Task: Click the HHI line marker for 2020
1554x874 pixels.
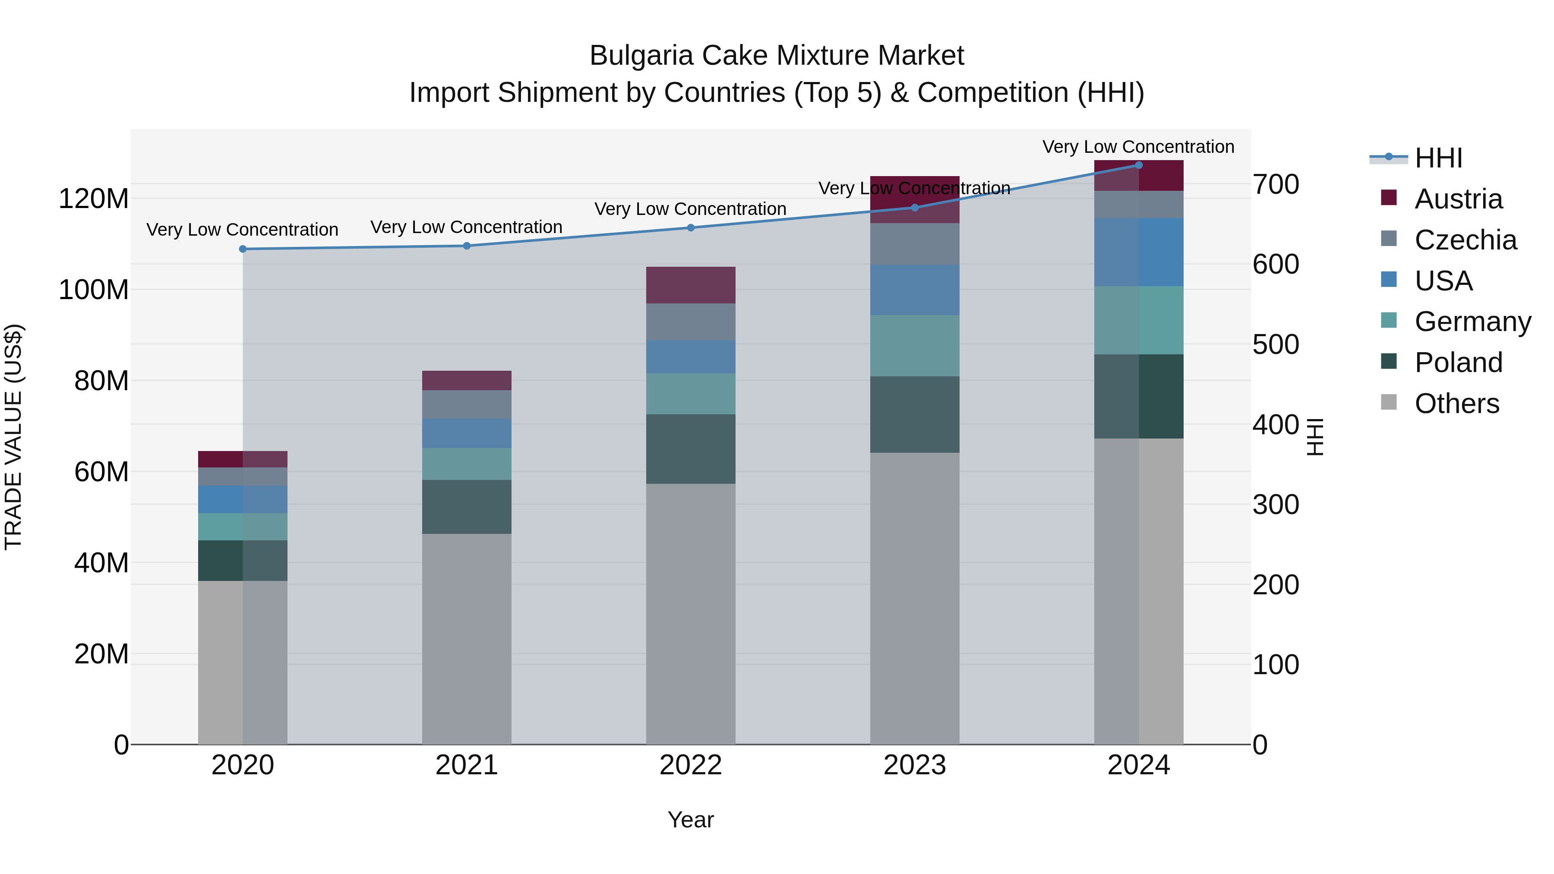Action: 243,249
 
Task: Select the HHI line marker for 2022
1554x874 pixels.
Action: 691,227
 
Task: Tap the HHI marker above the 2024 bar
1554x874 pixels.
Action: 1138,165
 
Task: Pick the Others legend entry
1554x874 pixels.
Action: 1456,404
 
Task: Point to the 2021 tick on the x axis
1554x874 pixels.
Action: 466,765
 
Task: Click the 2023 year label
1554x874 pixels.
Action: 915,765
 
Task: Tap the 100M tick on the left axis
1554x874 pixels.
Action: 94,290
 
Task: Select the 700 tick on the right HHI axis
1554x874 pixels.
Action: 1275,185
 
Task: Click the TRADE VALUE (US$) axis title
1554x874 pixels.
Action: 14,437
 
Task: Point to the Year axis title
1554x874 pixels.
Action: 691,820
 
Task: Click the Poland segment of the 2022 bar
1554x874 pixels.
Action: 691,449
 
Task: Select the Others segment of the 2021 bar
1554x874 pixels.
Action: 466,639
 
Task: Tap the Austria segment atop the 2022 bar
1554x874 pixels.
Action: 691,285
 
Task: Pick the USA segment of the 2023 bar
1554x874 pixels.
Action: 915,290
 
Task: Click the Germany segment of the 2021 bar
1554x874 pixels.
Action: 466,464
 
